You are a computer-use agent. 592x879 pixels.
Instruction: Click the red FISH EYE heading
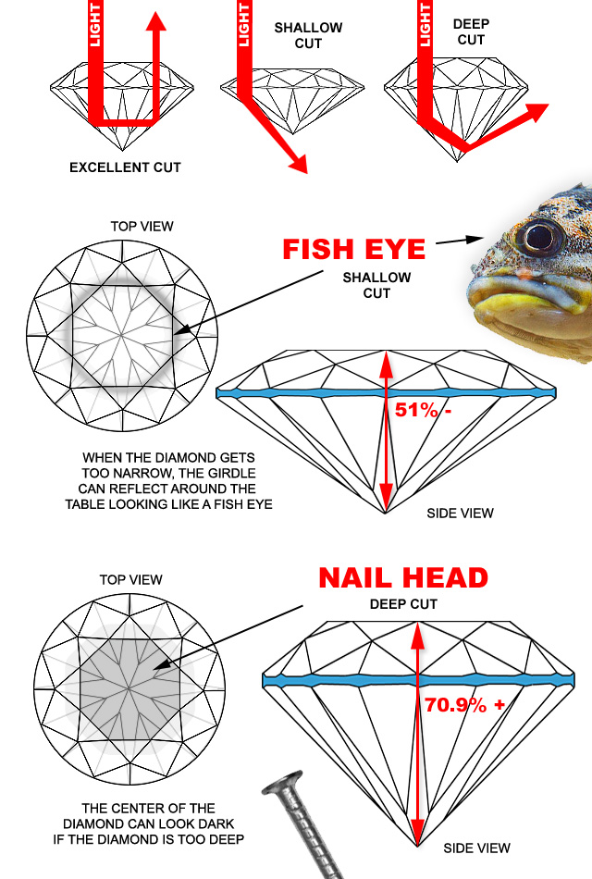[x=354, y=250]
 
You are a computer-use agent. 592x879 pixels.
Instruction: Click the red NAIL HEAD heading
[x=403, y=578]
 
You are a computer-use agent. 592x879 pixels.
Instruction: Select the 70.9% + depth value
[x=464, y=704]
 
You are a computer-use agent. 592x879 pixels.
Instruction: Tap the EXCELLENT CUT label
[x=125, y=167]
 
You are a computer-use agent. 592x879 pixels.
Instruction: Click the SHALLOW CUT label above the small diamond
[x=308, y=34]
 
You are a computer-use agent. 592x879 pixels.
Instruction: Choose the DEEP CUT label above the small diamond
[x=470, y=32]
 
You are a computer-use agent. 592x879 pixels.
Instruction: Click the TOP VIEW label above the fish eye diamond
[x=142, y=226]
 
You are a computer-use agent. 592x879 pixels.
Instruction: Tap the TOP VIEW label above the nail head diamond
[x=130, y=580]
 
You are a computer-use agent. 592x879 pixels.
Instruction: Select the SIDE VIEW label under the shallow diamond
[x=460, y=513]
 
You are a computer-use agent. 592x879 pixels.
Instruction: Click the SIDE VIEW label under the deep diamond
[x=476, y=848]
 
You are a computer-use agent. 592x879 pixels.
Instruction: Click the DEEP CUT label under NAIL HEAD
[x=403, y=604]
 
